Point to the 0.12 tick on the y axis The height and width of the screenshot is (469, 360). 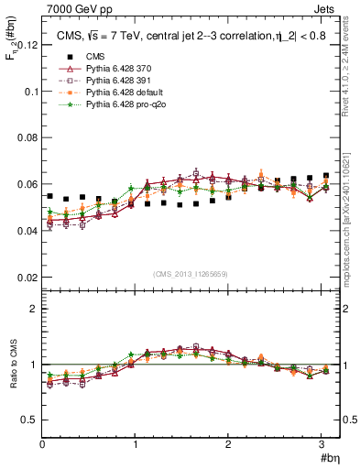coord(28,45)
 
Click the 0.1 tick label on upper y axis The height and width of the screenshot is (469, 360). coord(31,92)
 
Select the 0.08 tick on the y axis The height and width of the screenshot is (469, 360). coord(28,138)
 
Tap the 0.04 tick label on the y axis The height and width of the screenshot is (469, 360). coord(28,231)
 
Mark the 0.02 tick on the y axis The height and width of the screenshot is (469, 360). coord(28,277)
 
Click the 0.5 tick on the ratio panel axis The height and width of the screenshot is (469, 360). coord(31,420)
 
